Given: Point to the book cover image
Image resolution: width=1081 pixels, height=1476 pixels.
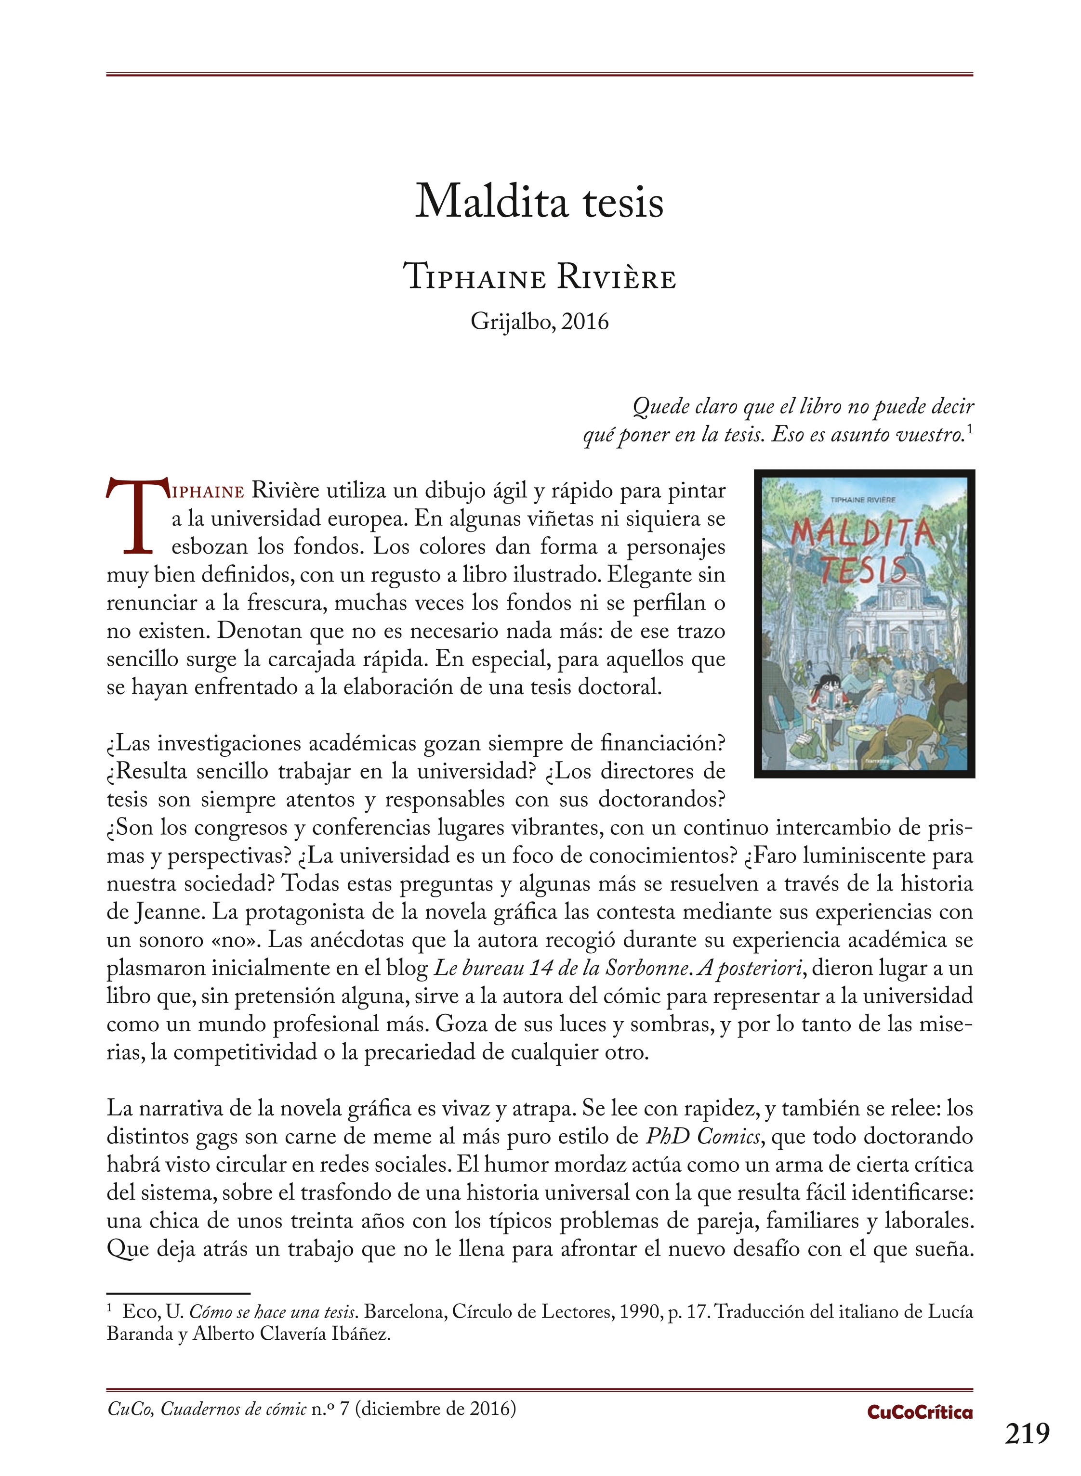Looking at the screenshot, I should click(x=864, y=623).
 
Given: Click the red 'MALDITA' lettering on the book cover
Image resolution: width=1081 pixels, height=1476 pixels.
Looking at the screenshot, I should click(x=862, y=534).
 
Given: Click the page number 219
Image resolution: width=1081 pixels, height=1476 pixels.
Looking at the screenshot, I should click(x=1028, y=1434).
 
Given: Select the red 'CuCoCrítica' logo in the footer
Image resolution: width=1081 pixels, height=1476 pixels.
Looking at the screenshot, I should click(x=919, y=1412).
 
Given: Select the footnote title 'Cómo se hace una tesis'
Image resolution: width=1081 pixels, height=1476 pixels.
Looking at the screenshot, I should click(x=273, y=1312).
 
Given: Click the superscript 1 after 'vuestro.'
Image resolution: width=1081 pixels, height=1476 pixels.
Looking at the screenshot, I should click(x=970, y=429).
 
